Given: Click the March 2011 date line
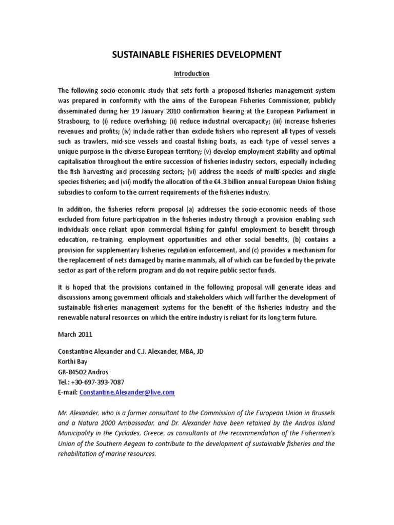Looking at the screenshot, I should coord(74,334).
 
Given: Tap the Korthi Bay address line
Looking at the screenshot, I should coord(72,361).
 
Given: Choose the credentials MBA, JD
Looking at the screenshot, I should coord(190,351).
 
